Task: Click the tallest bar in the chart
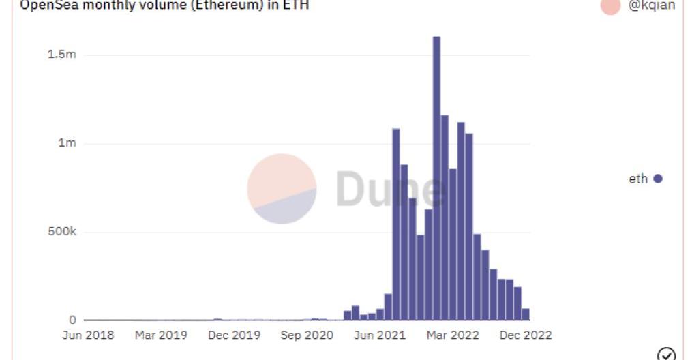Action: tap(436, 177)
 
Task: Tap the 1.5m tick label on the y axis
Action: tap(61, 55)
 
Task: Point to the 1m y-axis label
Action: tap(67, 143)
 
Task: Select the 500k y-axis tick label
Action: tap(62, 232)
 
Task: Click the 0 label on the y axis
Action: tap(72, 320)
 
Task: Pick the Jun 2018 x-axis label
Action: tap(88, 335)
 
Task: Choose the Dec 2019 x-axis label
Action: tap(234, 335)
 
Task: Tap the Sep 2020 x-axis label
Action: tap(307, 335)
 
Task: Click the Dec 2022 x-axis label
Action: tap(526, 335)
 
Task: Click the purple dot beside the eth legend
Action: tap(658, 179)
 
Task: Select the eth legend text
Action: tap(638, 179)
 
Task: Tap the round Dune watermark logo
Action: tap(282, 189)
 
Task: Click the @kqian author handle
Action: tap(652, 5)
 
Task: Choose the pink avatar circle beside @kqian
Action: tap(611, 5)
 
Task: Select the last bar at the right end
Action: tap(526, 314)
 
